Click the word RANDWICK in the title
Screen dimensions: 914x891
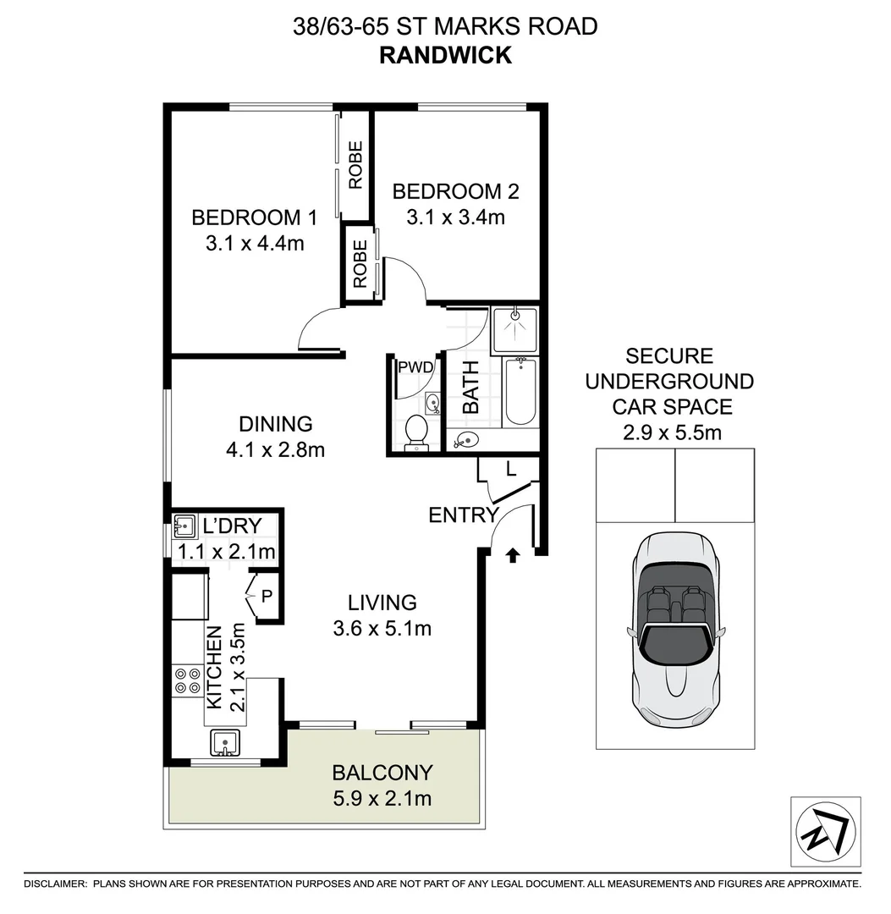tap(445, 55)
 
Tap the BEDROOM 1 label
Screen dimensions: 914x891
tap(254, 217)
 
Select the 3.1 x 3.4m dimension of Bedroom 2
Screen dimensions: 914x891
tap(455, 217)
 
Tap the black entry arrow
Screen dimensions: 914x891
tap(511, 555)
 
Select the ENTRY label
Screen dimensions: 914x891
tap(462, 515)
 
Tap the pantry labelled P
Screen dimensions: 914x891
tap(265, 596)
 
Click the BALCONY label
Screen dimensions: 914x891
tap(382, 773)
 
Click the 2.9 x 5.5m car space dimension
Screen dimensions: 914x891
tap(674, 434)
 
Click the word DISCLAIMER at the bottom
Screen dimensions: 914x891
tap(55, 884)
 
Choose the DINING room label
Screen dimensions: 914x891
tap(275, 424)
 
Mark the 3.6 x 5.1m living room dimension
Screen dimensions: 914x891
tap(382, 629)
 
